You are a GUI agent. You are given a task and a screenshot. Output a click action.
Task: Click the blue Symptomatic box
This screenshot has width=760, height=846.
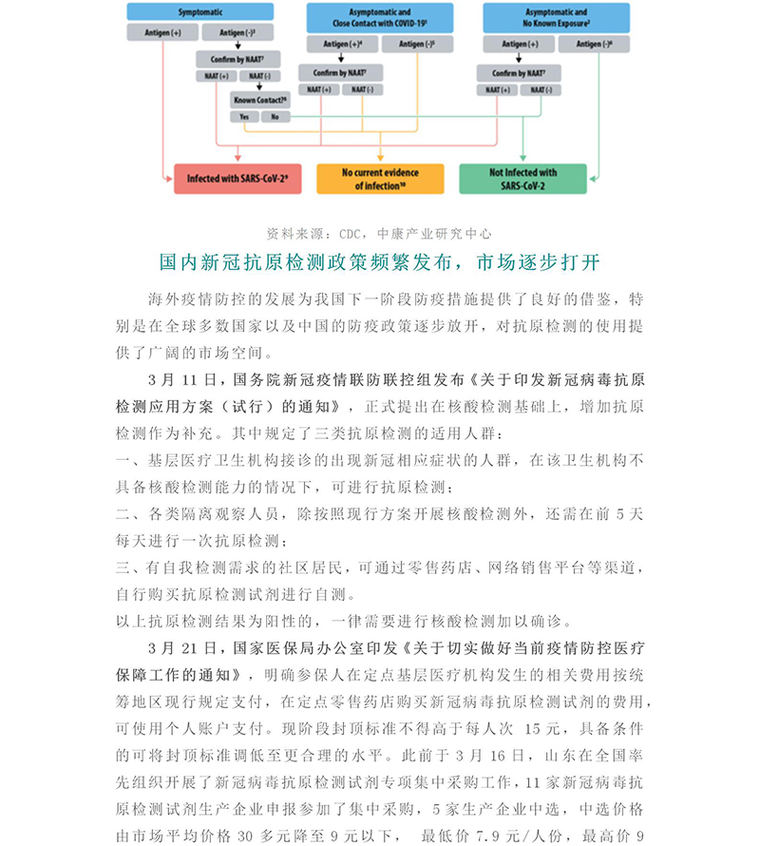200,12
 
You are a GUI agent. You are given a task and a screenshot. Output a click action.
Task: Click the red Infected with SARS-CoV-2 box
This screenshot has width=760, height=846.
238,178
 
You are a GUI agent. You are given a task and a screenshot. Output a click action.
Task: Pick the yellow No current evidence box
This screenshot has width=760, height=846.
381,179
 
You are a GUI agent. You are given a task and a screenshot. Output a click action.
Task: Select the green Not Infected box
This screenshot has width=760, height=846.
522,179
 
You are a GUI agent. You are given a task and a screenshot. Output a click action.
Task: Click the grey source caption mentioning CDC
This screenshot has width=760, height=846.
379,233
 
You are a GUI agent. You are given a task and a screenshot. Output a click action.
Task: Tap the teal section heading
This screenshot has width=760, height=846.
379,260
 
